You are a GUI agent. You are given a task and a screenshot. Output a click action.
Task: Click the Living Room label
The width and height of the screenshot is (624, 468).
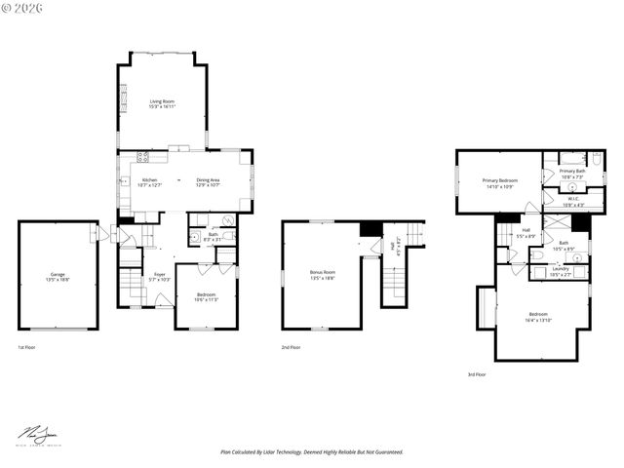click(x=162, y=101)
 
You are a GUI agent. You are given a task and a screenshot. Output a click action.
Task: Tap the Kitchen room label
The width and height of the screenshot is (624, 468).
click(x=149, y=179)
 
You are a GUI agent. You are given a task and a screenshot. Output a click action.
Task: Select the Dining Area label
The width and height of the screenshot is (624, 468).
click(x=208, y=179)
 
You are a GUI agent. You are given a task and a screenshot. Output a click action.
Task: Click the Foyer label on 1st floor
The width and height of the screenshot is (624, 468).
click(x=159, y=275)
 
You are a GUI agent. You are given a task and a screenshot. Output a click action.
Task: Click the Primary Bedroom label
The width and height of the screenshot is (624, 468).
click(x=499, y=180)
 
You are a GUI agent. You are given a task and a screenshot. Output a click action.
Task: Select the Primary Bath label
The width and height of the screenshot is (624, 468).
click(x=572, y=172)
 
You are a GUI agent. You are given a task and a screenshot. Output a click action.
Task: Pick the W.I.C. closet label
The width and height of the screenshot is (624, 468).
click(x=573, y=199)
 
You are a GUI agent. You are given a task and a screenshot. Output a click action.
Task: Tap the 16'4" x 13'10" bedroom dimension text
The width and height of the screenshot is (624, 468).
click(x=539, y=320)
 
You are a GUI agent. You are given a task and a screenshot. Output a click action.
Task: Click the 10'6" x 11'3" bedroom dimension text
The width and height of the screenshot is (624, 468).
click(x=206, y=299)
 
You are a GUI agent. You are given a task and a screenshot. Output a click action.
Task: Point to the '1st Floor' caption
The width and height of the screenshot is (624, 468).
click(x=28, y=347)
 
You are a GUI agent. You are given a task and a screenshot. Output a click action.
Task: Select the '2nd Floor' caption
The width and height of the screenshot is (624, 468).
click(x=291, y=347)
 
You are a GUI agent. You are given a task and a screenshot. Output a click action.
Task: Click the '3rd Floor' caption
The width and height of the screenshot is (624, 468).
click(x=477, y=373)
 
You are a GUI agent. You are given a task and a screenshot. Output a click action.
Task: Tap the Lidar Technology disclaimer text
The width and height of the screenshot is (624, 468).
click(x=311, y=451)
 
